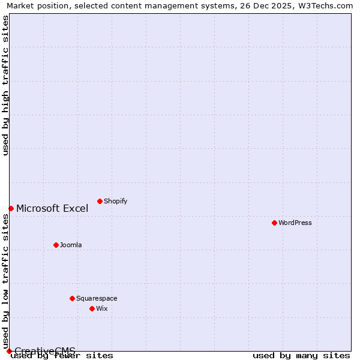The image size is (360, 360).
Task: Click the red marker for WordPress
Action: tap(274, 223)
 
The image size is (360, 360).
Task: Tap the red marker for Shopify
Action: tap(100, 201)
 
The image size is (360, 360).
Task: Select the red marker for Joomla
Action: tap(56, 245)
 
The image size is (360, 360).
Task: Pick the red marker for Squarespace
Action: tap(72, 298)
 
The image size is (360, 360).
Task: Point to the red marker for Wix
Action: tap(92, 308)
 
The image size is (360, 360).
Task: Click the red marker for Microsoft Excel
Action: tap(11, 208)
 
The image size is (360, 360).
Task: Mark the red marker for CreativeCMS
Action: tap(9, 351)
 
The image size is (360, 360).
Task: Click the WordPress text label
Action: tap(295, 223)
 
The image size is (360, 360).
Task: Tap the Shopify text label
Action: tap(116, 201)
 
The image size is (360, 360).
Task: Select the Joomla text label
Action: tap(71, 245)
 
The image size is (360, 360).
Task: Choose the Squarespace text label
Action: tap(97, 298)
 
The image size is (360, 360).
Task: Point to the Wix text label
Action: tap(102, 308)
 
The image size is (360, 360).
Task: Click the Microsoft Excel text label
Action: tap(52, 208)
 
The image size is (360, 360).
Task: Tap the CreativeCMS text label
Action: tap(45, 351)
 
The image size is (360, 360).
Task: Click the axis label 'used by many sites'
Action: tap(301, 356)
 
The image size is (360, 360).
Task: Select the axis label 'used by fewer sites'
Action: tap(62, 356)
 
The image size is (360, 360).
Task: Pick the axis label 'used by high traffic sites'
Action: tap(5, 85)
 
